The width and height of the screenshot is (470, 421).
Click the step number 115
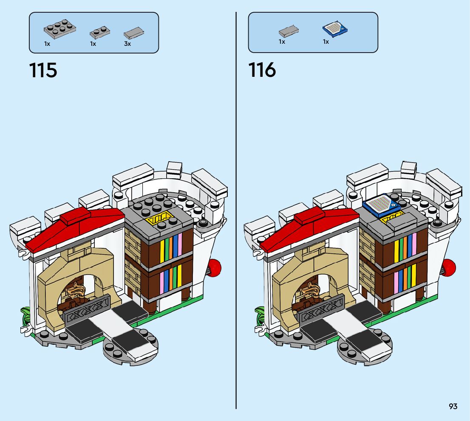[43, 70]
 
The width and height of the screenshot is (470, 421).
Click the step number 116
[262, 70]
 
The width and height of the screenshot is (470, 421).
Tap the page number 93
[453, 406]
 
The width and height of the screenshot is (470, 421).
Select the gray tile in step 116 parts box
[289, 31]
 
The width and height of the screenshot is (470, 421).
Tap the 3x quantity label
[127, 44]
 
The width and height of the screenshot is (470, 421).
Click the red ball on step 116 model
[449, 266]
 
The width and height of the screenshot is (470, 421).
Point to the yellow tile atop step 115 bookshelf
[158, 219]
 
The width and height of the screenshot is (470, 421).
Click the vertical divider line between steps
[236, 212]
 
